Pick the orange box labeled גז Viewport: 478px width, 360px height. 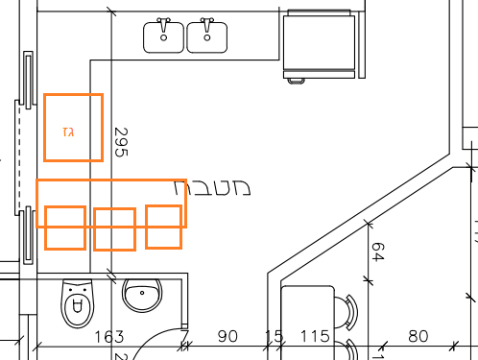pyautogui.click(x=73, y=127)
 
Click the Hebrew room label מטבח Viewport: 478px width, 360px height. pyautogui.click(x=216, y=188)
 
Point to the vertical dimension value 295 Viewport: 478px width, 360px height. pyautogui.click(x=120, y=143)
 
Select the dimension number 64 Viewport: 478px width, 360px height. pyautogui.click(x=377, y=252)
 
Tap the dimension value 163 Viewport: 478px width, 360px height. pyautogui.click(x=110, y=336)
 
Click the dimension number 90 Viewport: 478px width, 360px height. pyautogui.click(x=227, y=336)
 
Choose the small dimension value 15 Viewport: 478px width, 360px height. pyautogui.click(x=275, y=336)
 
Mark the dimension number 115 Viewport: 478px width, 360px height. pyautogui.click(x=315, y=336)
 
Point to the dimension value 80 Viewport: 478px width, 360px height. pyautogui.click(x=418, y=336)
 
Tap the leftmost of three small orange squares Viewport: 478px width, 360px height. pyautogui.click(x=65, y=228)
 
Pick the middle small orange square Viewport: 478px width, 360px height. pyautogui.click(x=114, y=229)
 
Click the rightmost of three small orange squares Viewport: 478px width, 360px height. pyautogui.click(x=164, y=226)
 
